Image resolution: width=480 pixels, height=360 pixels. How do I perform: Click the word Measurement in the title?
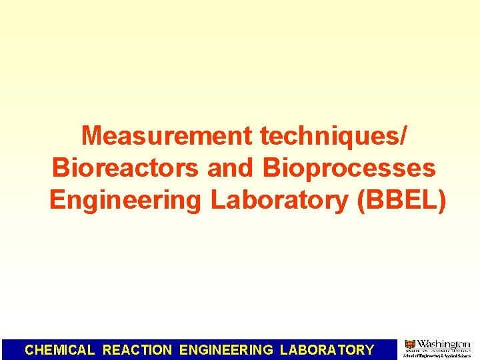click(167, 136)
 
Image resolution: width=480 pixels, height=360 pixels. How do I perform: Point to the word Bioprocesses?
click(349, 168)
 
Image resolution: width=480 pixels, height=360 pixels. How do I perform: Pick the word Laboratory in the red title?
click(280, 200)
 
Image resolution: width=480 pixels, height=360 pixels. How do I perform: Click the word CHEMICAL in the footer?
click(60, 349)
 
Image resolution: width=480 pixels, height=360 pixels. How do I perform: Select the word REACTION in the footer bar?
click(137, 349)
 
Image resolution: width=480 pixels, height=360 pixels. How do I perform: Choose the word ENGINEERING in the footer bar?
click(227, 349)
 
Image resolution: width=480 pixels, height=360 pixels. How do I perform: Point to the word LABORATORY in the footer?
click(327, 349)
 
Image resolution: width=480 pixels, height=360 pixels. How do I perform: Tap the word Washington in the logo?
click(443, 344)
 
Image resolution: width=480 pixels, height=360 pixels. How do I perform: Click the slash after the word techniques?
click(402, 136)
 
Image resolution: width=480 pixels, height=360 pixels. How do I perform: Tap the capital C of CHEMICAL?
click(29, 349)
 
